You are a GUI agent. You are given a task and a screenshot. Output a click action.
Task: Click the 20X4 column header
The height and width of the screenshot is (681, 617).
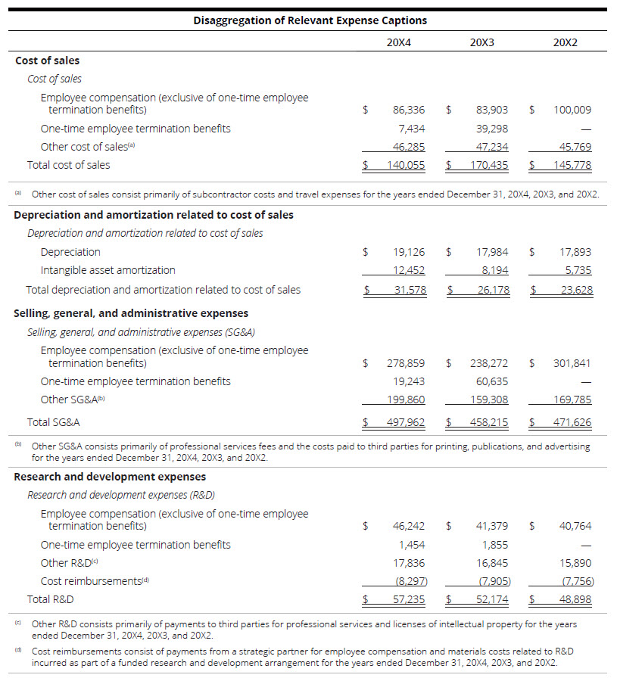(398, 42)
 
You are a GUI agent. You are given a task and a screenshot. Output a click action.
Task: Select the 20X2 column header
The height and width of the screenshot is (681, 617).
(565, 42)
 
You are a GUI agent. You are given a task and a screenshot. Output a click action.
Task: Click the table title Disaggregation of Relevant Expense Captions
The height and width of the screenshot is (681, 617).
(310, 20)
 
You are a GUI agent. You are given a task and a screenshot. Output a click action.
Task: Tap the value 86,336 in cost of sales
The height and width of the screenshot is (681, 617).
(409, 110)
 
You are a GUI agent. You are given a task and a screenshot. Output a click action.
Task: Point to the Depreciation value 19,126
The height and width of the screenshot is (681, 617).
(410, 252)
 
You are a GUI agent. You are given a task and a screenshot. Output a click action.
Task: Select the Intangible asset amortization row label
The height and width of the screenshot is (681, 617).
(108, 270)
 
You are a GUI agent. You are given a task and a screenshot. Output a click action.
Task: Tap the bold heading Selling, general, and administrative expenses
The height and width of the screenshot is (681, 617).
(131, 313)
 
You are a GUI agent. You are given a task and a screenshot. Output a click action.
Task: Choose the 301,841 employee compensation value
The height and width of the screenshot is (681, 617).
(572, 363)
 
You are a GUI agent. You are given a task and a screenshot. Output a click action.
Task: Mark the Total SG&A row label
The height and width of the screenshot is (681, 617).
(54, 422)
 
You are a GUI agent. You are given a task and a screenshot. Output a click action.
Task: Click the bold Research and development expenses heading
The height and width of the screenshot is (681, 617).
(110, 477)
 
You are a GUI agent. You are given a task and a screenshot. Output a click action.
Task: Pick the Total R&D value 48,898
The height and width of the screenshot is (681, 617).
(575, 599)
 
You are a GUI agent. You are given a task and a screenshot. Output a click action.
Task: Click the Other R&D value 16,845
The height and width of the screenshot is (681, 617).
(492, 563)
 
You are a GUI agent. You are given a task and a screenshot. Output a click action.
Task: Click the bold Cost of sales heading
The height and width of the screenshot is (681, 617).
(47, 61)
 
